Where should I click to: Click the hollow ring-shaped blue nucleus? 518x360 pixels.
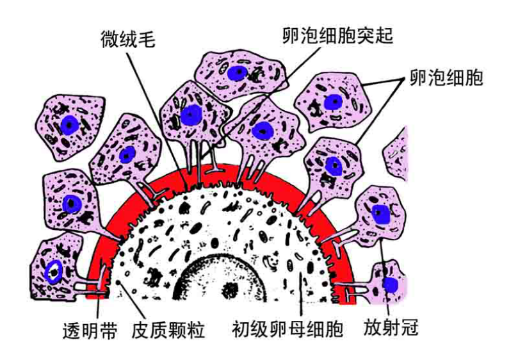pos(54,272)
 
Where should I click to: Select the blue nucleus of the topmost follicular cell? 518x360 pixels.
pos(238,72)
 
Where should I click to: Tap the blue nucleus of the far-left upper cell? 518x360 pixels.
pos(69,123)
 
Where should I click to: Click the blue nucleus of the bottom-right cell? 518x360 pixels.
pos(389,284)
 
